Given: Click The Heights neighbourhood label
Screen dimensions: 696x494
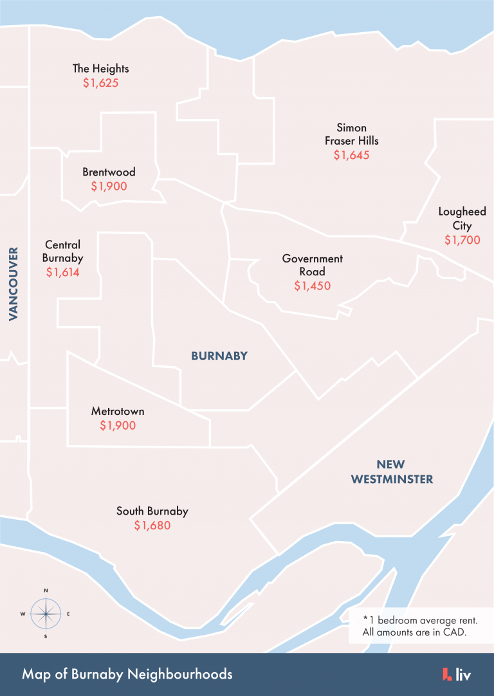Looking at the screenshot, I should (x=100, y=69).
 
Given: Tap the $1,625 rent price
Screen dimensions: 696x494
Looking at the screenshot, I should (x=100, y=84).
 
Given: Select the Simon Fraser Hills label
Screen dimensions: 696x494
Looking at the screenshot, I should (x=351, y=134).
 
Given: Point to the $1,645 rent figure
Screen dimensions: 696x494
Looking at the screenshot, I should (x=351, y=155).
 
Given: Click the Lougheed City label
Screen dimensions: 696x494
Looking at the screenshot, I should (x=462, y=218).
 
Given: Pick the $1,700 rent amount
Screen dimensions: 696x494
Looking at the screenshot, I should (x=462, y=240).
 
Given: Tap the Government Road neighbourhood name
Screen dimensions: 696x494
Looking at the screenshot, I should (x=313, y=265).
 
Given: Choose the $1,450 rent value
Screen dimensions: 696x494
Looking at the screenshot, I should (x=313, y=286).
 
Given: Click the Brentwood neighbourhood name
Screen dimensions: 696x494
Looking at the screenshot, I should (x=109, y=172).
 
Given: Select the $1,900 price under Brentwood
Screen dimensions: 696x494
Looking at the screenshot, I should (x=109, y=187).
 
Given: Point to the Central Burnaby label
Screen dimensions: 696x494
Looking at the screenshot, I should (x=62, y=251).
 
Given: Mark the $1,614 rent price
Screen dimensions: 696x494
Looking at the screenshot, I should (x=62, y=272).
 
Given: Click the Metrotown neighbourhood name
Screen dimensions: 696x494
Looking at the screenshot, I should (x=118, y=411).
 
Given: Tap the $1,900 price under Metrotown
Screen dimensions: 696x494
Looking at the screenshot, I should (x=118, y=426).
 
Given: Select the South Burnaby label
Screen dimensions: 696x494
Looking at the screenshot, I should (x=152, y=511).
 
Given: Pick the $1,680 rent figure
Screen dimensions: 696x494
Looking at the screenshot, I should (x=152, y=526).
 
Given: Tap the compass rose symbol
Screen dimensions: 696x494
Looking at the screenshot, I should (x=46, y=614).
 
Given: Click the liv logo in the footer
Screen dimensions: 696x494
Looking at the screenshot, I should (x=457, y=674).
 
